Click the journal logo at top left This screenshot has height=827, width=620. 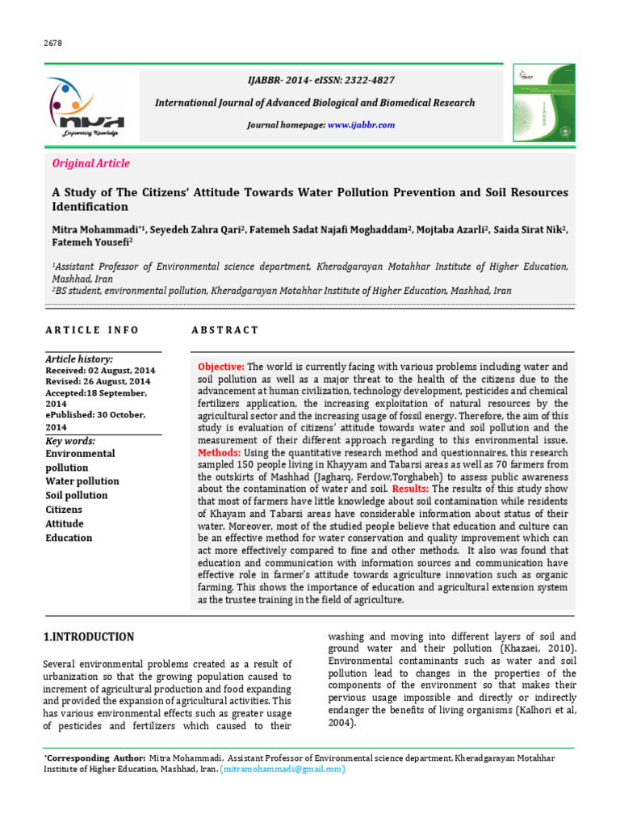tap(85, 107)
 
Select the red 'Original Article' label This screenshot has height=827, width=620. tap(90, 163)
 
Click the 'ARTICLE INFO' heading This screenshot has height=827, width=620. tap(92, 330)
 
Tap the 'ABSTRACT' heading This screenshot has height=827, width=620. tap(225, 330)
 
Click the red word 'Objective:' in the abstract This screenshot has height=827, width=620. tap(220, 367)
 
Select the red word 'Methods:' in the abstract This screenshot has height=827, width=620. tap(219, 453)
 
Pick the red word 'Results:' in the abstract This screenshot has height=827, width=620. tap(411, 489)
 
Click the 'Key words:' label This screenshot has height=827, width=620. tap(70, 441)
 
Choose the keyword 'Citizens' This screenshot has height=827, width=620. tap(64, 510)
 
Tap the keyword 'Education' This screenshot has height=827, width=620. tap(69, 537)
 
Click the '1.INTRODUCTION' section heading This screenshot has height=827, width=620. tap(89, 637)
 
